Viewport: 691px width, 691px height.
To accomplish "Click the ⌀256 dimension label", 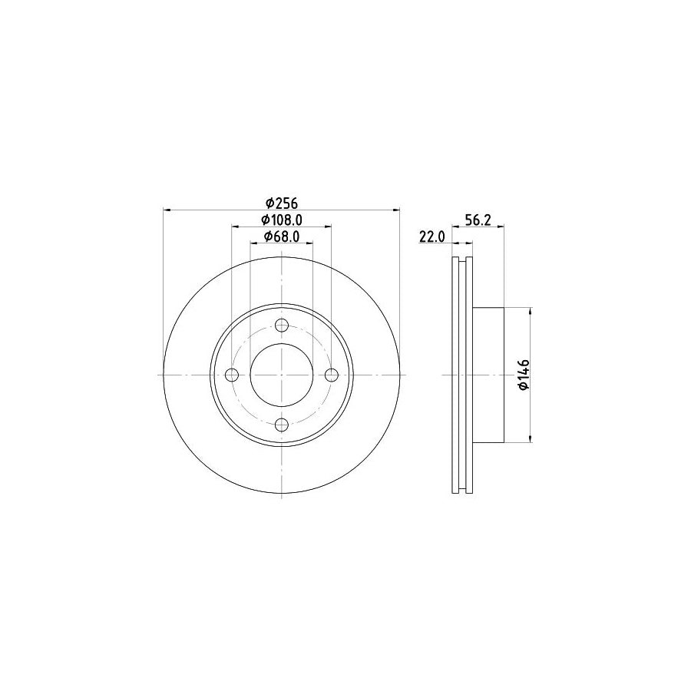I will [281, 203].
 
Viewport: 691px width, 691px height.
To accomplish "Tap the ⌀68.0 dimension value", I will [281, 236].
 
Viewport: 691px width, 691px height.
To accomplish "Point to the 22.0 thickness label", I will [432, 237].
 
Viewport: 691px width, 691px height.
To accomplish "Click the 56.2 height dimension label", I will [478, 220].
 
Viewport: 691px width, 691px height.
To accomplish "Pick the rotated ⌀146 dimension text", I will [523, 375].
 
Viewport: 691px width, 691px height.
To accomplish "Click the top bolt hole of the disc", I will [282, 326].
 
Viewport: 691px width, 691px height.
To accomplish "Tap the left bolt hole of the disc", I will [233, 375].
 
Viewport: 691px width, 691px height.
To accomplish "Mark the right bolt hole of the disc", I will [331, 375].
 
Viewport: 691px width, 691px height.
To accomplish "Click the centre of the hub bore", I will [282, 375].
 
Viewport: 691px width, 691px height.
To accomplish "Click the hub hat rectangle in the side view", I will [488, 375].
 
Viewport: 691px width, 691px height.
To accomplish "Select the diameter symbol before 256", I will [270, 203].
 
